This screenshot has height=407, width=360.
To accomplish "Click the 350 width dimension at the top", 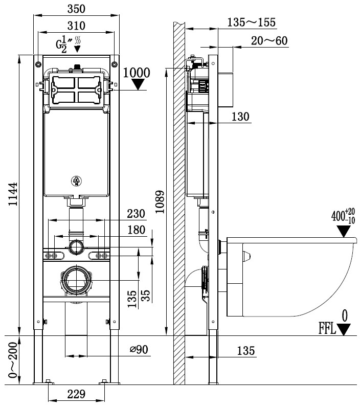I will [x=76, y=8].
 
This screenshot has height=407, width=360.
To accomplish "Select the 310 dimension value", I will [x=76, y=25].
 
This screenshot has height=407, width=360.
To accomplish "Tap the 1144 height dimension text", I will [x=12, y=195].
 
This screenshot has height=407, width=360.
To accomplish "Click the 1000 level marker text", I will [x=137, y=73].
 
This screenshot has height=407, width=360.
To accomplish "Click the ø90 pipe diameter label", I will [x=138, y=350].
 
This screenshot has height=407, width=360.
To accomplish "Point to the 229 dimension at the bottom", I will [x=76, y=394].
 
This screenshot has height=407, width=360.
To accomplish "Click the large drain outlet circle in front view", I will [x=77, y=281].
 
